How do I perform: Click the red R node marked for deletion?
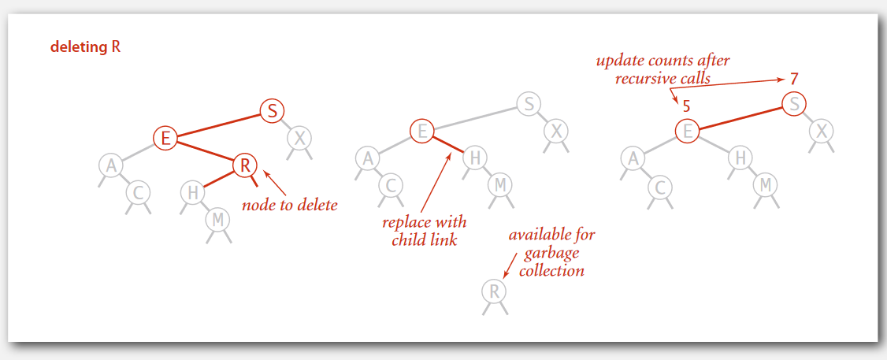point(246,165)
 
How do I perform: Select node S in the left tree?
point(272,111)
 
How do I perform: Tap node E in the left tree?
point(165,138)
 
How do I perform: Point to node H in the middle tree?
point(475,158)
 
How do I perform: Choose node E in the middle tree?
point(422,131)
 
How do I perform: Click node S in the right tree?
point(794,103)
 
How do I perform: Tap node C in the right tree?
point(660,186)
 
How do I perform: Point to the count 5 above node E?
point(686,105)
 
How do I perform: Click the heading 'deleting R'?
point(85,47)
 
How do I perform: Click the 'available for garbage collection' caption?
point(551,252)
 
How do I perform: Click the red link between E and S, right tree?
point(740,117)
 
